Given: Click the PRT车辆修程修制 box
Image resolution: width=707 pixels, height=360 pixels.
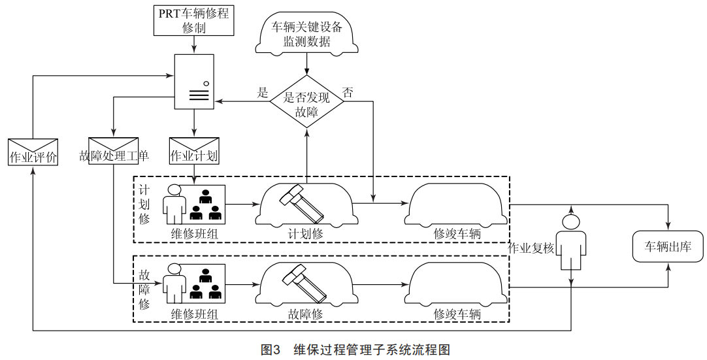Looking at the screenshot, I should coord(194,21).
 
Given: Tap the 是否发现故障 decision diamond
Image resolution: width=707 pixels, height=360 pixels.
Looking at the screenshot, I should coord(306,100).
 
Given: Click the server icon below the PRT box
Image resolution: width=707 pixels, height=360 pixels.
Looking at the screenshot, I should coord(194,81).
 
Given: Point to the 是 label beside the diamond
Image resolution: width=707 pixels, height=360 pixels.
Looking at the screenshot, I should coord(263,93).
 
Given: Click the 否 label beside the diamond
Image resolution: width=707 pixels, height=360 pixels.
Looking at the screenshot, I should coord(348,93).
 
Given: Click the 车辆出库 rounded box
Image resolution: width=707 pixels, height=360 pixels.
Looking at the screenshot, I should coord(668,247).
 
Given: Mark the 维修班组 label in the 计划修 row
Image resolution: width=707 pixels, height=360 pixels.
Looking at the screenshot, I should coord(194,233).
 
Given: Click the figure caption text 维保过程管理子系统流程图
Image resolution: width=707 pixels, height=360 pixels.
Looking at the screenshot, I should coord(372,350).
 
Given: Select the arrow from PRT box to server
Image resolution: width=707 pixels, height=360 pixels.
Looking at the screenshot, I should coord(194,45).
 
